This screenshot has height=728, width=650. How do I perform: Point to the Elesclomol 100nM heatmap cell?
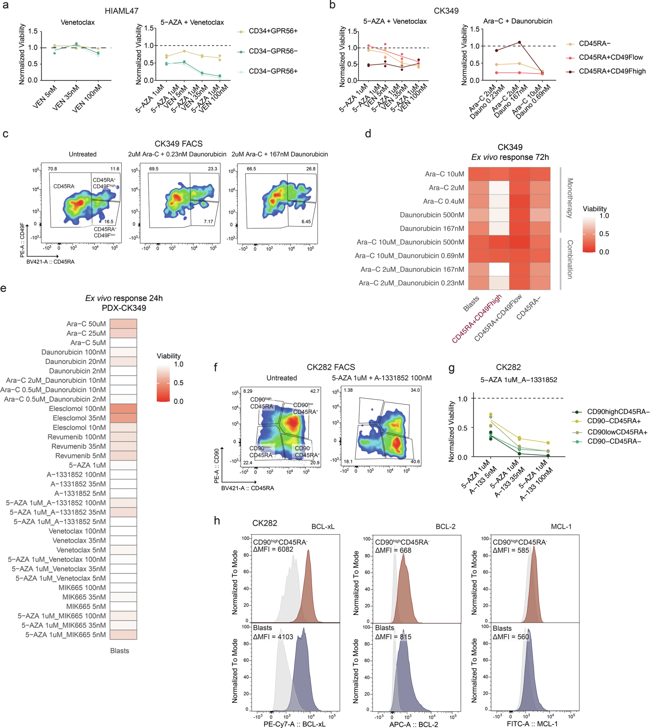pos(123,409)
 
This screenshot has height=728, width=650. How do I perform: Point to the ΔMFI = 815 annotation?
pos(393,637)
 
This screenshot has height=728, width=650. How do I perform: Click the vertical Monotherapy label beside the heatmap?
pos(570,198)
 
